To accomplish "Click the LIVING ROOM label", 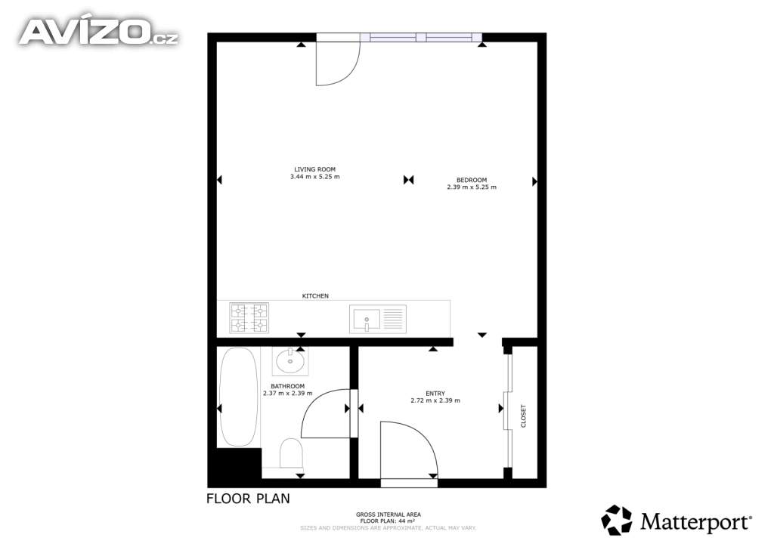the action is click(x=314, y=169).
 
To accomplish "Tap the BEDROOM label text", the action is click(x=472, y=180).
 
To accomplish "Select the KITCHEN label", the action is click(x=315, y=296).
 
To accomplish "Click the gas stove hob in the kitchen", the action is click(x=249, y=318).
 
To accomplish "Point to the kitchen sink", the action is click(x=378, y=319).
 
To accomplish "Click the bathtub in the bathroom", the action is click(x=238, y=397).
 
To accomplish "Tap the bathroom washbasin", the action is click(x=291, y=362).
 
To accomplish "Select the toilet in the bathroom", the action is click(x=291, y=453).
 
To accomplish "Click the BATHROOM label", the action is click(x=288, y=386).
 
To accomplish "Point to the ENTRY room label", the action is click(x=435, y=394).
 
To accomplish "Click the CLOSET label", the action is click(x=523, y=416).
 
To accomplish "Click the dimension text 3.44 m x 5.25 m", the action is click(x=315, y=177).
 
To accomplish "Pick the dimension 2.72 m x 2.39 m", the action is click(x=435, y=400).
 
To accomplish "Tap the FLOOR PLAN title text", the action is click(x=248, y=499).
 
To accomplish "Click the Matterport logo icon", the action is click(x=617, y=521).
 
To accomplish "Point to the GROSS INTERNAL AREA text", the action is click(x=389, y=515).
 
